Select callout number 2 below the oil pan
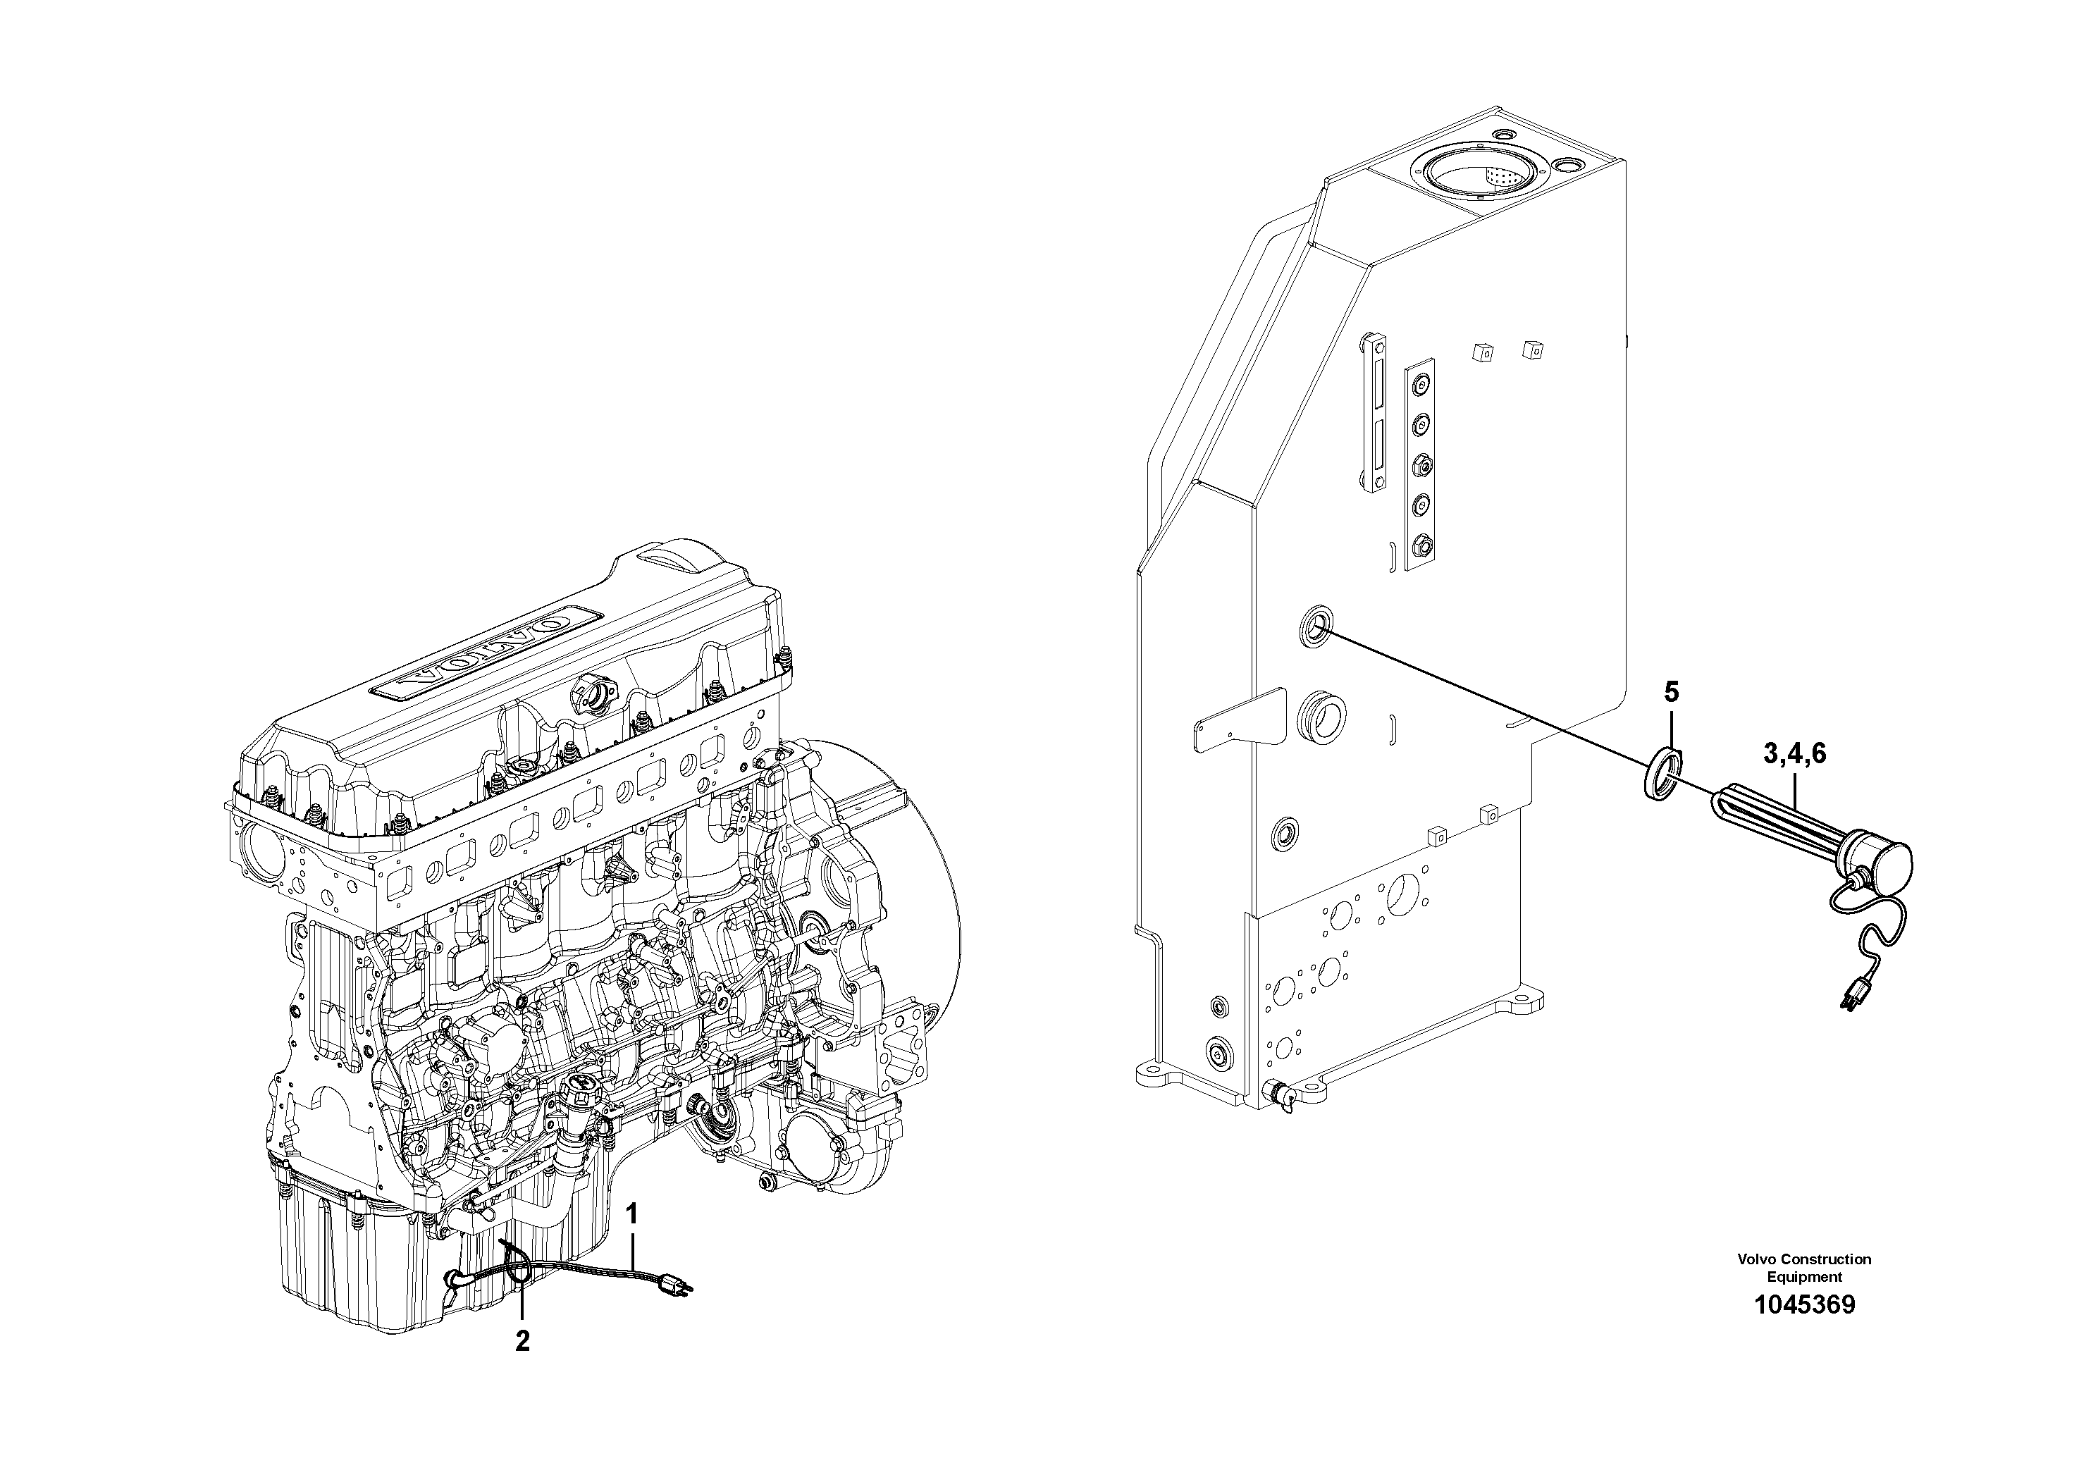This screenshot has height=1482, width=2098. tap(522, 1341)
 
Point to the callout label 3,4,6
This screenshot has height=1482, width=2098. tap(1795, 754)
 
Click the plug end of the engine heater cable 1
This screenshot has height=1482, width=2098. tap(680, 1288)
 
